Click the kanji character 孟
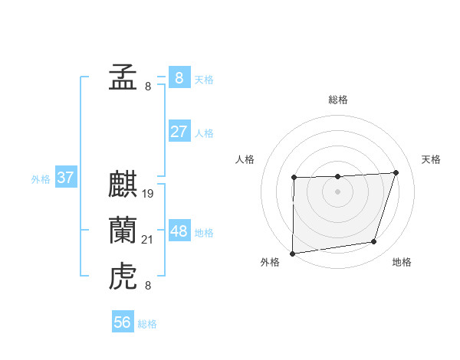tap(123, 77)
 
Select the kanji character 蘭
tap(123, 231)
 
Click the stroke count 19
tap(148, 194)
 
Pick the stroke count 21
tap(148, 241)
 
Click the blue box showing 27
tap(179, 132)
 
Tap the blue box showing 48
tap(179, 231)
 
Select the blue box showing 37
tap(65, 178)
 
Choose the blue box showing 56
tap(123, 322)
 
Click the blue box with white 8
tap(179, 78)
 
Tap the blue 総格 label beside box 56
tap(147, 324)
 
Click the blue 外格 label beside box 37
tap(41, 179)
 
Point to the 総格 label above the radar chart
tap(338, 100)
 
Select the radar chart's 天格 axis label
tap(432, 159)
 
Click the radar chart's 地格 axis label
tap(402, 262)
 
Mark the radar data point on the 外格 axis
tap(292, 254)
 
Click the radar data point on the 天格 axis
tap(396, 172)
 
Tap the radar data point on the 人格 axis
tap(294, 178)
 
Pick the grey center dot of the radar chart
tap(338, 192)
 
